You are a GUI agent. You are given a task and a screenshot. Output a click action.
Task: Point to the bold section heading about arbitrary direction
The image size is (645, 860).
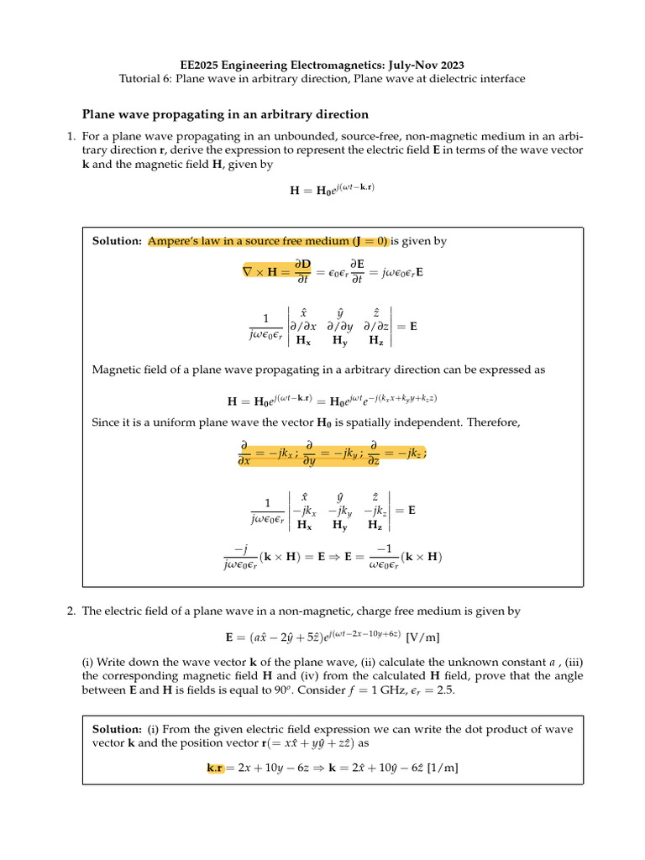(225, 114)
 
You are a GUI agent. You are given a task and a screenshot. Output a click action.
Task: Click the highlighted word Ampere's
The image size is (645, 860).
(174, 241)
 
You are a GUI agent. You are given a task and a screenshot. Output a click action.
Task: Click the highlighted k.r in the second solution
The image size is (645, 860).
(215, 768)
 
